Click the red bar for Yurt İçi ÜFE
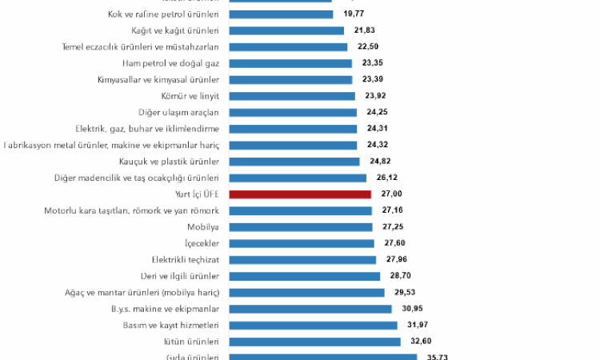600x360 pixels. pyautogui.click(x=300, y=194)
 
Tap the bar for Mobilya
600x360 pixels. pyautogui.click(x=301, y=227)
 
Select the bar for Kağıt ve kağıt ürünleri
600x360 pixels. pyautogui.click(x=286, y=30)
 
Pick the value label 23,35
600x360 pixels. pyautogui.click(x=373, y=63)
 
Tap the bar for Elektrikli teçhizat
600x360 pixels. pyautogui.click(x=302, y=260)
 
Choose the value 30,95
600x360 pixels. pyautogui.click(x=414, y=309)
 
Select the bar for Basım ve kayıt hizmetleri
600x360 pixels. pyautogui.click(x=313, y=326)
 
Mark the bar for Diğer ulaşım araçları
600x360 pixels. pyautogui.click(x=293, y=112)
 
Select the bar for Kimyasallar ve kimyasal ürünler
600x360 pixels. pyautogui.click(x=291, y=79)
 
